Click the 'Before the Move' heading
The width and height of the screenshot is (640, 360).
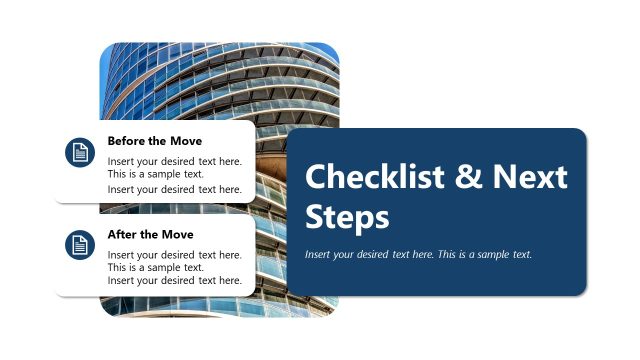tap(154, 141)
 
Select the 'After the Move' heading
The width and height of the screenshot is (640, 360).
tap(150, 234)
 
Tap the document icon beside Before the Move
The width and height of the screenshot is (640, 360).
tap(79, 152)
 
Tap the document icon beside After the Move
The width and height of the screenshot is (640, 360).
tap(79, 245)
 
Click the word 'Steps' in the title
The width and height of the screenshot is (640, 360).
tap(346, 217)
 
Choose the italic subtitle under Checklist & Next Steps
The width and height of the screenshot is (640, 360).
tap(418, 254)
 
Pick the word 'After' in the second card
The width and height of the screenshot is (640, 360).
tap(124, 234)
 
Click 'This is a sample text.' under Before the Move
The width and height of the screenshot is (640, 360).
tap(155, 174)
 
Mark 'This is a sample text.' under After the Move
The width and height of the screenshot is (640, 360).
tap(155, 267)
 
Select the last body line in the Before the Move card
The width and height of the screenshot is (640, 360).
tap(174, 189)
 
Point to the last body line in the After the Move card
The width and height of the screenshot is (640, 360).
tap(174, 281)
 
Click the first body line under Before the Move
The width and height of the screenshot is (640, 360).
tap(174, 160)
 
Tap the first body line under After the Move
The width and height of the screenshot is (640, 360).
tap(174, 254)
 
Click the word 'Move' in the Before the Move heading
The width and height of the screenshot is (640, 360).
tap(185, 141)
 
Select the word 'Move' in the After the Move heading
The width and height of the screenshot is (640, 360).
tap(177, 234)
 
